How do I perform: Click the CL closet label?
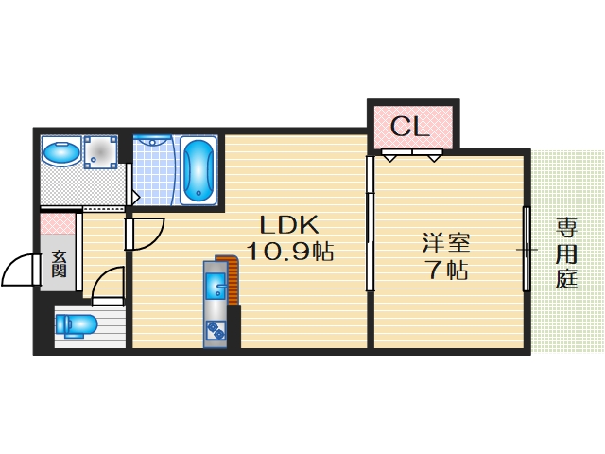(x=410, y=126)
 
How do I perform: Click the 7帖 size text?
(x=446, y=271)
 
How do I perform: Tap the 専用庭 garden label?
(x=566, y=253)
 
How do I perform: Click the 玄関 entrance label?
(x=59, y=262)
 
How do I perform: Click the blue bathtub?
(x=199, y=170)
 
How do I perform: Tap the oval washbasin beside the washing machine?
(x=62, y=152)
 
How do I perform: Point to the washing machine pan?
(x=100, y=152)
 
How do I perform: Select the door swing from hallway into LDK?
(x=147, y=233)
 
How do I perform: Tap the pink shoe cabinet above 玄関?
(x=58, y=224)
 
